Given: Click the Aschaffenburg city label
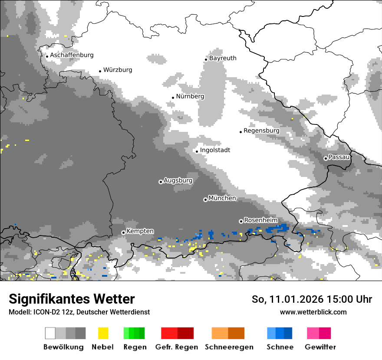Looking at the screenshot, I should tap(72, 55).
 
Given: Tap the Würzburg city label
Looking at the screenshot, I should tap(118, 70).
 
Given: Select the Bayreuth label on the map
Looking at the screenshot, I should tap(223, 58).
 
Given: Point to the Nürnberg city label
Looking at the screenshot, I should tap(190, 96).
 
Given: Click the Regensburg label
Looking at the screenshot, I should tap(261, 131).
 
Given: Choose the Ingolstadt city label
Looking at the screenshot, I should tap(215, 150).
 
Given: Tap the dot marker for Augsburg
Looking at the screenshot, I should tap(161, 182).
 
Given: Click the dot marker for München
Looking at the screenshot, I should tap(205, 200).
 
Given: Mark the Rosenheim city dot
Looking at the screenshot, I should tap(241, 221).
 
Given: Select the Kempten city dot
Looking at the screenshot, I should tap(123, 232).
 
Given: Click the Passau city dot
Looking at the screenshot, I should tap(326, 158).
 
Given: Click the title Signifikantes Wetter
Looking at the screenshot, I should tap(72, 299).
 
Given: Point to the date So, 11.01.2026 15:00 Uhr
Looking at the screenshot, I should tap(312, 299).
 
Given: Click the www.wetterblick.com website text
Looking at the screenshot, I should tap(313, 312).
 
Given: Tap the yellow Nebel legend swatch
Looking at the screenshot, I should tap(103, 333).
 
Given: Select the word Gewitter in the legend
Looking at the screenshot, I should tap(320, 347).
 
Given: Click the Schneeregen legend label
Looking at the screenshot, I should tap(229, 347).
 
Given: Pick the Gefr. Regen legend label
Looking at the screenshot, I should tap(177, 347).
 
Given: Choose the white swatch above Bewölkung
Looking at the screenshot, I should tap(50, 333).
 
